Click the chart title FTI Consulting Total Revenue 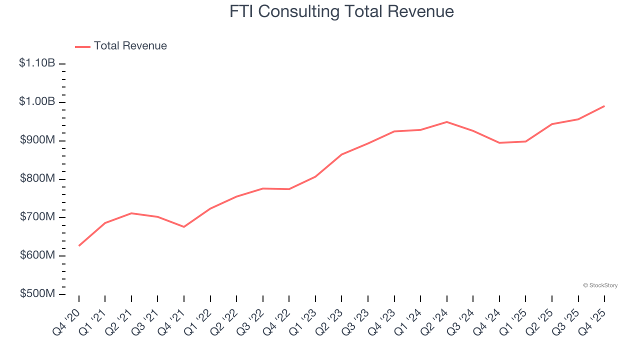tap(341, 11)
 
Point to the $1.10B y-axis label tap(37, 63)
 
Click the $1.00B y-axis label tap(37, 101)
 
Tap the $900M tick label tap(37, 140)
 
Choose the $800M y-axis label tap(37, 178)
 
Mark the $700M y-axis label tap(37, 217)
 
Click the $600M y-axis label tap(37, 255)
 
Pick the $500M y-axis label tap(37, 293)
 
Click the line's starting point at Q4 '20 tap(79, 245)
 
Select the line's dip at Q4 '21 tap(184, 227)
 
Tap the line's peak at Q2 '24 tap(446, 122)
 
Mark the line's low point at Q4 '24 tap(499, 143)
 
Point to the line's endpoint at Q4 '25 tap(604, 106)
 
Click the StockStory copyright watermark tap(600, 285)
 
